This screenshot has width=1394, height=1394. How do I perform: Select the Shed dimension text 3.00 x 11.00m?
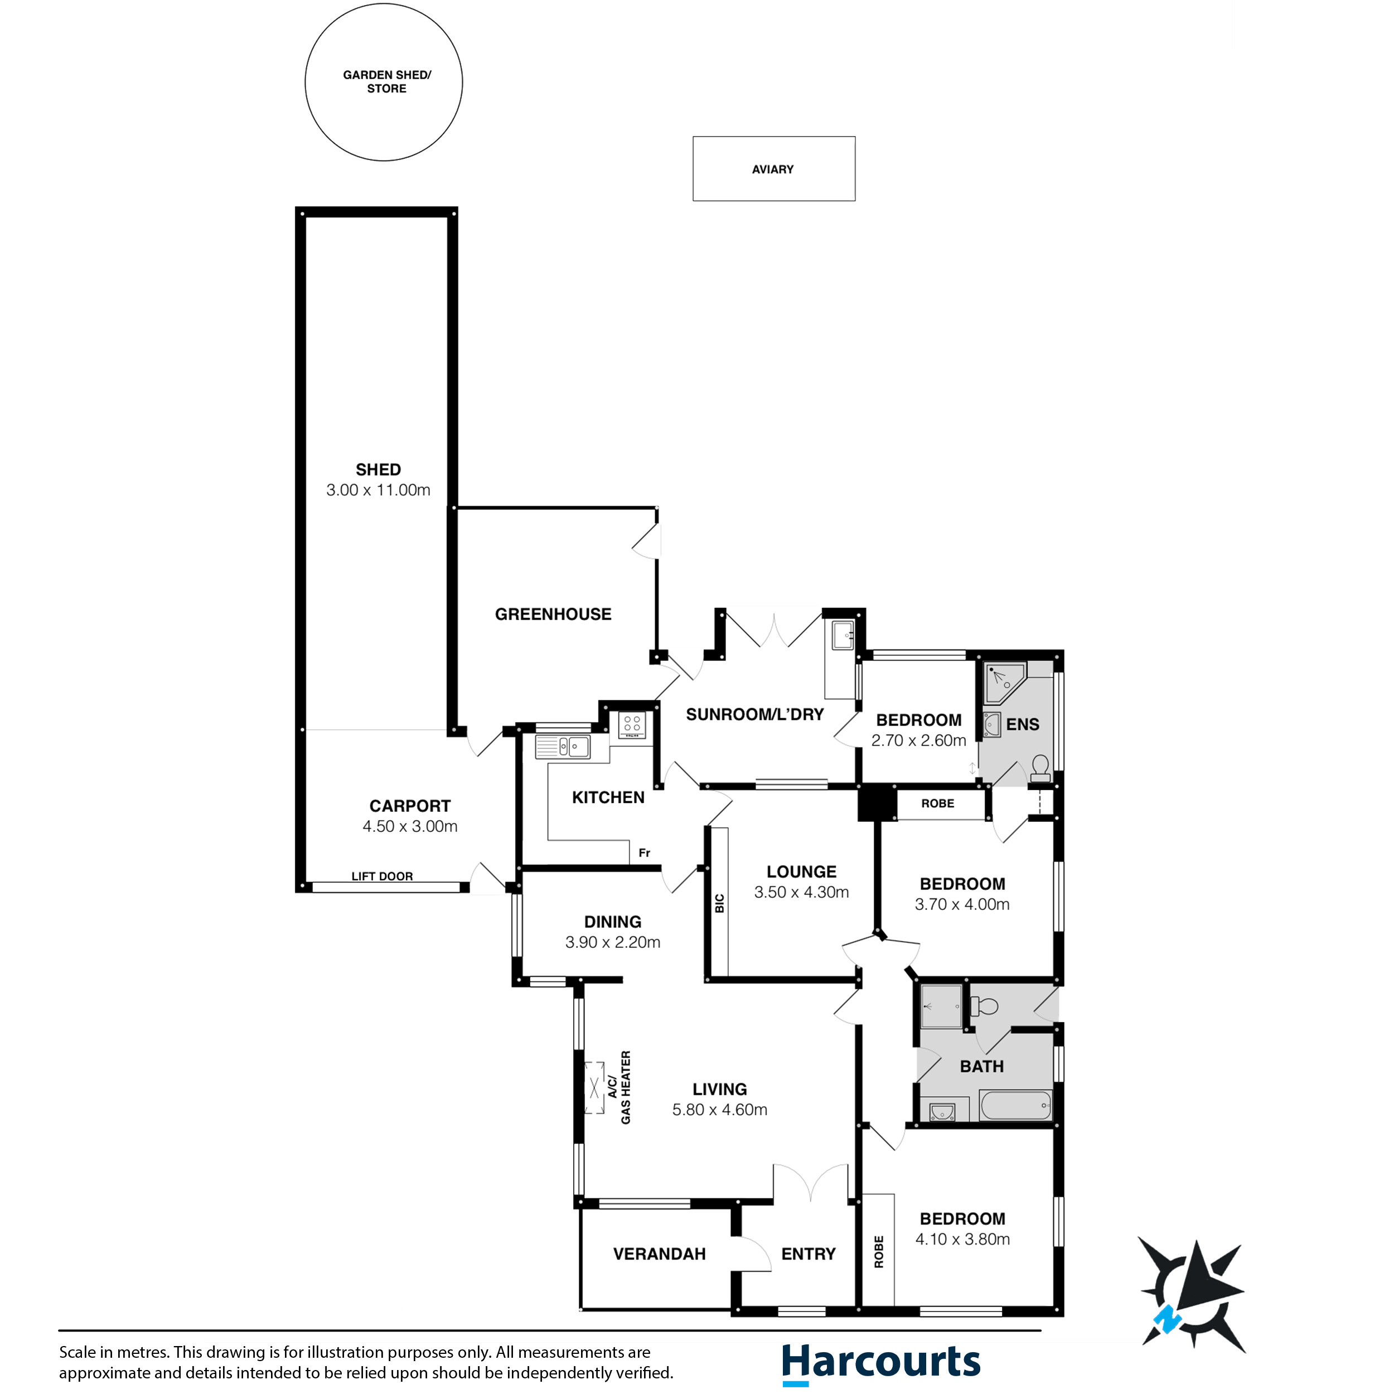(x=378, y=490)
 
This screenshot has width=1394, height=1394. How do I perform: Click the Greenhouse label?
(x=553, y=614)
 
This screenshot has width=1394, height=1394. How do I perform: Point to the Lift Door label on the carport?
(x=382, y=876)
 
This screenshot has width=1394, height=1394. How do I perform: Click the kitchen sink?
(x=563, y=746)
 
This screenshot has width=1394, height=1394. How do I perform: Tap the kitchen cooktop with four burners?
(x=632, y=724)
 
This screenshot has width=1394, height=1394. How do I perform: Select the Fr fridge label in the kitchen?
(x=645, y=853)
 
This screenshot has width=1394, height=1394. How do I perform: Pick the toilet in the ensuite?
(x=1040, y=768)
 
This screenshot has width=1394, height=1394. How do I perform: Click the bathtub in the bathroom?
(x=1015, y=1105)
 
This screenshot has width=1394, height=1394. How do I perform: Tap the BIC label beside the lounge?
(x=719, y=903)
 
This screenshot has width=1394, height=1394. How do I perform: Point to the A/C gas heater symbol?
(x=594, y=1087)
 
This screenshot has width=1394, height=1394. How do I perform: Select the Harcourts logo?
(x=881, y=1363)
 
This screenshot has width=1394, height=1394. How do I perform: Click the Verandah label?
(x=660, y=1254)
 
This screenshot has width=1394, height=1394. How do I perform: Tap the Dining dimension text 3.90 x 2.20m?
(x=613, y=942)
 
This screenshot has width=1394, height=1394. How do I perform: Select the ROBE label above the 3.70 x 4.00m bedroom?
(x=937, y=803)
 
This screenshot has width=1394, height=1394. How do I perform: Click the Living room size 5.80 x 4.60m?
(x=719, y=1110)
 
